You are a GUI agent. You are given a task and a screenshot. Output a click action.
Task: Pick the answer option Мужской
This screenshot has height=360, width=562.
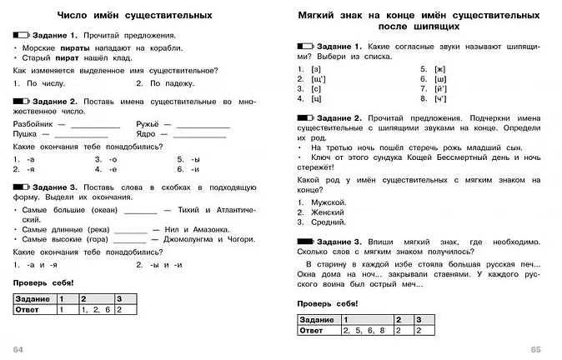tap(328, 202)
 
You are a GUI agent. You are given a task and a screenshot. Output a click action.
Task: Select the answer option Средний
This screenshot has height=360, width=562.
tap(328, 222)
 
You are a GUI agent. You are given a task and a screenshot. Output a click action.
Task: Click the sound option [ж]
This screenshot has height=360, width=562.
tap(439, 68)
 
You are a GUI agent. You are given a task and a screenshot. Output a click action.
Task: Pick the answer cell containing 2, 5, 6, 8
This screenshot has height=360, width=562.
tap(362, 330)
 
